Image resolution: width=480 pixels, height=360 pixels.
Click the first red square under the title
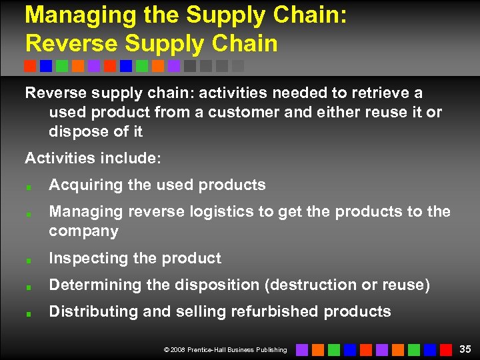pos(30,66)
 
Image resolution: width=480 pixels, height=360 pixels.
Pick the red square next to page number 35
pos(446,349)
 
